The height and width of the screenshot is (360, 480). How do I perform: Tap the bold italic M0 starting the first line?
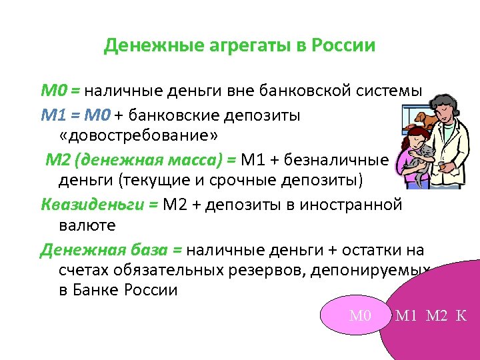tap(51, 91)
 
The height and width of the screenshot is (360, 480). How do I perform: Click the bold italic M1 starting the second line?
tap(51, 115)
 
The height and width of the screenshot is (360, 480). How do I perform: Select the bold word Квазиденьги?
tap(92, 204)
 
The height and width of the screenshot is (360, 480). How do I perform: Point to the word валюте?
tap(83, 225)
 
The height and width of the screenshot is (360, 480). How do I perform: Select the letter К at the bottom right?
tap(461, 315)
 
